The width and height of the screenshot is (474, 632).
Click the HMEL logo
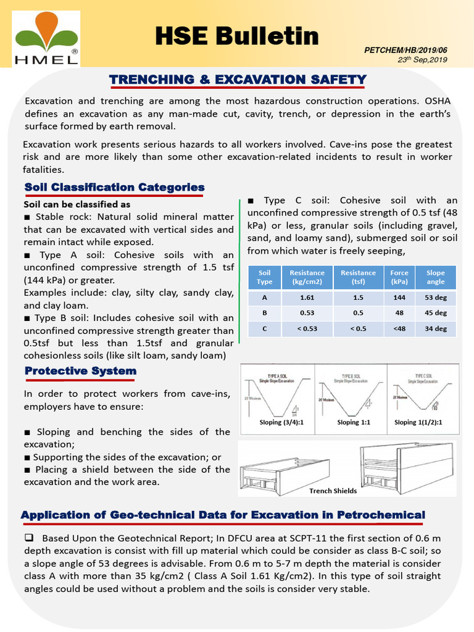click(x=46, y=38)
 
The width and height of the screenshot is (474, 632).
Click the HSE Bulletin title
click(x=237, y=36)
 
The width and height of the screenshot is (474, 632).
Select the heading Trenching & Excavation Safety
click(x=238, y=80)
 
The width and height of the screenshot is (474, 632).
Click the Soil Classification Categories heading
click(x=114, y=187)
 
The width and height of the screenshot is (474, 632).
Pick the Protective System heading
click(x=80, y=371)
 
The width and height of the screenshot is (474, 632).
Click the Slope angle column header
click(x=435, y=277)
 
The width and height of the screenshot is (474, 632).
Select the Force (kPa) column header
click(x=399, y=277)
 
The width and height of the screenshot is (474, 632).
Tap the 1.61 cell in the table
click(x=307, y=297)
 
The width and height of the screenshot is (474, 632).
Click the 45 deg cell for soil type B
click(x=435, y=313)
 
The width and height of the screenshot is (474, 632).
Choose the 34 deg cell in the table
click(x=435, y=329)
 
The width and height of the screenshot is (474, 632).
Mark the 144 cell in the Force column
click(x=399, y=297)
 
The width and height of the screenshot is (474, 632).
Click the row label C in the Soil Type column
click(x=264, y=329)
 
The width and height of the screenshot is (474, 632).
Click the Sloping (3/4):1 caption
click(x=277, y=423)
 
